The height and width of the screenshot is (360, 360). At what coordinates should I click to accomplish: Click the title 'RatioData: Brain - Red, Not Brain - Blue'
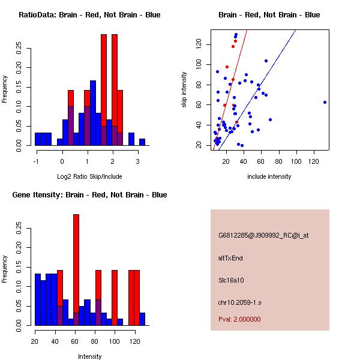coord(89,15)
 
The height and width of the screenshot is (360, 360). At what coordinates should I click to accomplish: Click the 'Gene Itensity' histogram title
coord(89,195)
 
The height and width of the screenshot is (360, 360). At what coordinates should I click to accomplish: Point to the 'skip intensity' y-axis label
coord(184,89)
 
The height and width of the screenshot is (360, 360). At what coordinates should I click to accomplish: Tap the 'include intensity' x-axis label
coord(269,176)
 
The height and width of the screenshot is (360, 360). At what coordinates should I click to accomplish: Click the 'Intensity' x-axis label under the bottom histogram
coord(90,356)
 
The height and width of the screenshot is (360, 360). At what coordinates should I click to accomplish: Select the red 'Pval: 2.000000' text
coord(239,319)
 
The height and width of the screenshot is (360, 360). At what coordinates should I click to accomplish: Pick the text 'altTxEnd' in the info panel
coord(230,258)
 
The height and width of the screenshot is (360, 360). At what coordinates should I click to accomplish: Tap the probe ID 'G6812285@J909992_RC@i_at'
coord(263,236)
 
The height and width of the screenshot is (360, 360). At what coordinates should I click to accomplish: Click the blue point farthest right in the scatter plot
coord(325,102)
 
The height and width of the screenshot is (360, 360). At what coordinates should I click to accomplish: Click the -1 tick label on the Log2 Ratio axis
coord(37,161)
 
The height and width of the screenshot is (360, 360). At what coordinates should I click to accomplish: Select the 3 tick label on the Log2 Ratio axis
coord(138,161)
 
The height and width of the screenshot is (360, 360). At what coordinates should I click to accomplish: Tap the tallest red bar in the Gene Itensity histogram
coord(76,269)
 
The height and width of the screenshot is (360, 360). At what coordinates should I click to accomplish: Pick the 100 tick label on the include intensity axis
coord(296,161)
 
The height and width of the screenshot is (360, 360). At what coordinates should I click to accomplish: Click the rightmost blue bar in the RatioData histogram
coord(142,142)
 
